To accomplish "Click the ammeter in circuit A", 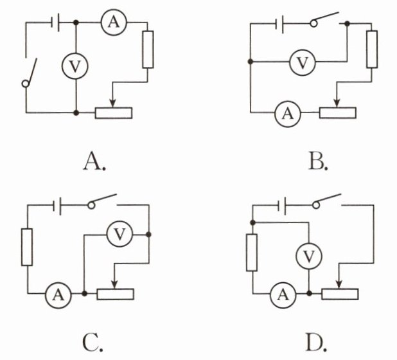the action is (114, 22).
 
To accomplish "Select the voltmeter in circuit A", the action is (75, 66).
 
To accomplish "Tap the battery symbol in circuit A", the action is (55, 22).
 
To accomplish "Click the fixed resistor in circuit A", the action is (148, 50).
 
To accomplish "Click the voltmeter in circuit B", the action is (303, 62).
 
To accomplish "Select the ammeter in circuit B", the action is (288, 113).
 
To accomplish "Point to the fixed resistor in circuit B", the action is (372, 50).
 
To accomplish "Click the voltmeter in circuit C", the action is (119, 235).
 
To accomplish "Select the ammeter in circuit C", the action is (58, 294).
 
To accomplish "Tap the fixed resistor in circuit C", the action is (27, 247).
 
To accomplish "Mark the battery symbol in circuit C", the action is (57, 204).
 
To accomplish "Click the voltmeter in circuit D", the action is (309, 256).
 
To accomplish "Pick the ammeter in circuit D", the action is (283, 294).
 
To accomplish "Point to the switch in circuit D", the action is (327, 201).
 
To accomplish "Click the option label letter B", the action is (317, 162).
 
